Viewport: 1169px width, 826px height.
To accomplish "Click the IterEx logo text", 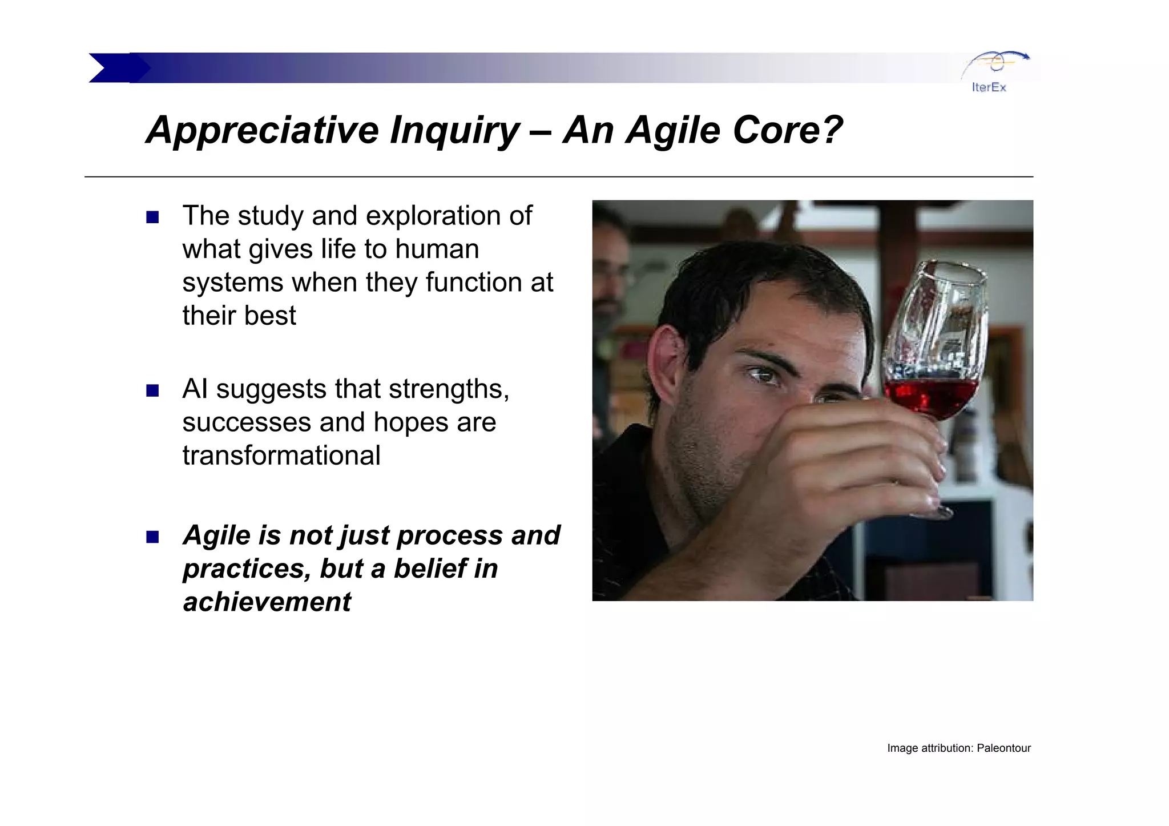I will click(989, 87).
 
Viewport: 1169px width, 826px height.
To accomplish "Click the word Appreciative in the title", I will click(261, 131).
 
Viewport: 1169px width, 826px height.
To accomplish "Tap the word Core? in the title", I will click(787, 130).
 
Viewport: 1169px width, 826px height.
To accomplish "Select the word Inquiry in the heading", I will click(454, 131).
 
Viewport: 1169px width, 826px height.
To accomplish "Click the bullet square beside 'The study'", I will click(152, 217).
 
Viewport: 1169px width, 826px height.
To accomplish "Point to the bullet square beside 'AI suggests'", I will click(152, 391).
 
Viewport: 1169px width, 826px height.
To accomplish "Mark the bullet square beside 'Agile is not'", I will click(152, 537).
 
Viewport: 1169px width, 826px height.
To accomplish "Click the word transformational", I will click(281, 456).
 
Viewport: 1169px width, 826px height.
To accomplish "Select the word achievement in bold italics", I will click(267, 602).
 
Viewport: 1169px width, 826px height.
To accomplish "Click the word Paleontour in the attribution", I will click(1003, 748).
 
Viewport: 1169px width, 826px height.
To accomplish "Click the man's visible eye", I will click(764, 375).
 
